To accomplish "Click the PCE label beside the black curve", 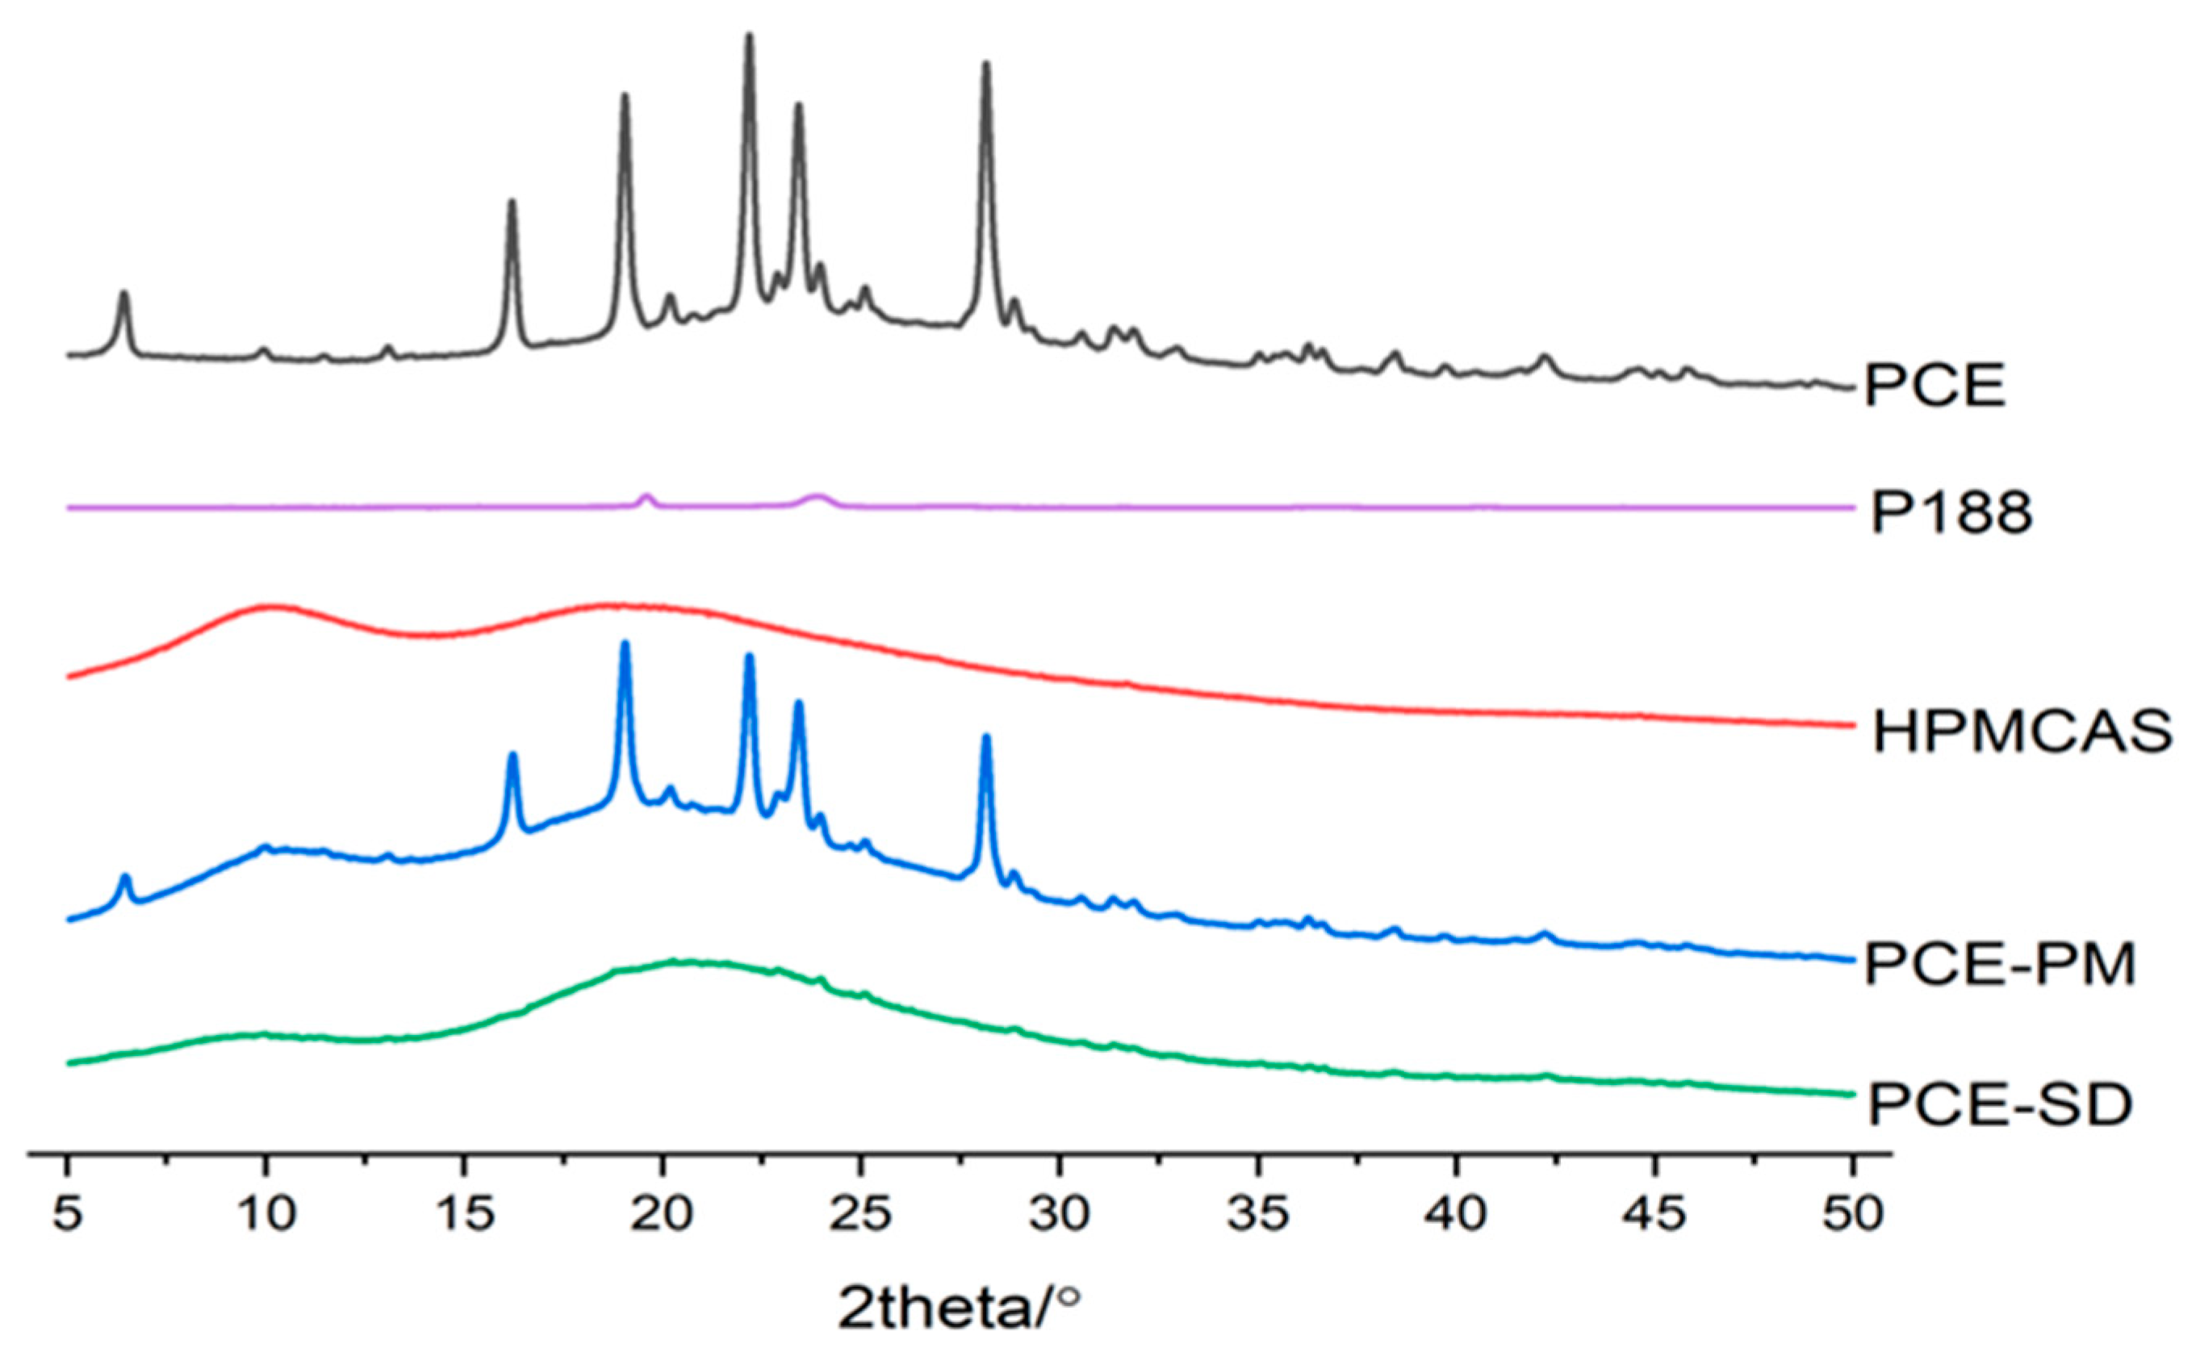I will pos(1935,387).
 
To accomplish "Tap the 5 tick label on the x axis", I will pos(67,1215).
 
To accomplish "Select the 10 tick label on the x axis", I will pos(266,1215).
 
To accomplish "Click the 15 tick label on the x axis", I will pos(464,1215).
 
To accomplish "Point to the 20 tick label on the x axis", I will pos(662,1215).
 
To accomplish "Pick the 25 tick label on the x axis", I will pos(860,1215).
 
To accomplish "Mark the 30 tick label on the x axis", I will pos(1059,1215).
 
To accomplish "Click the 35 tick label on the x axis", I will pos(1257,1215).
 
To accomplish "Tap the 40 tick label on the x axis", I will pos(1455,1215).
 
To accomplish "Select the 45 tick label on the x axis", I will pos(1654,1215).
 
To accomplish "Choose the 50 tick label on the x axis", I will pos(1852,1215).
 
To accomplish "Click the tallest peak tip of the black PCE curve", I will pos(749,36).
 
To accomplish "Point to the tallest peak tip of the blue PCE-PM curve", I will pos(624,644).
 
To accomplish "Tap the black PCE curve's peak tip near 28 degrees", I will pos(986,65).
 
